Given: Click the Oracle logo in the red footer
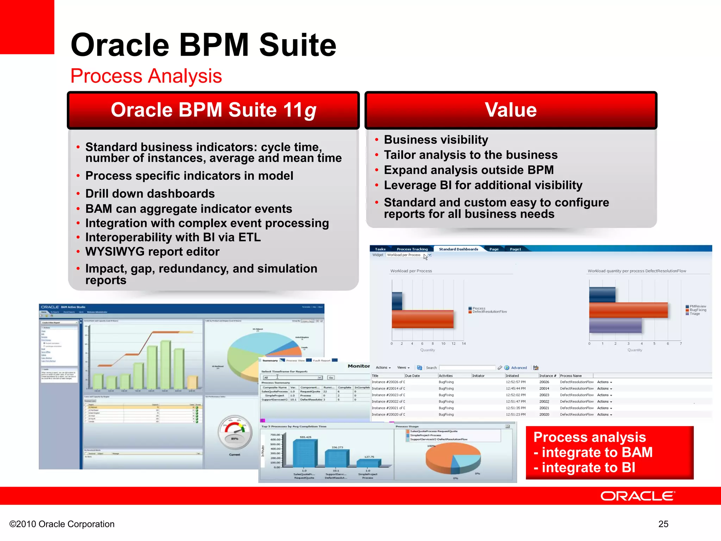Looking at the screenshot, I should tap(637, 496).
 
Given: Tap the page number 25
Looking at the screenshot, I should tap(663, 524).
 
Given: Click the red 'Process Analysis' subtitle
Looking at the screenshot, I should tap(146, 76).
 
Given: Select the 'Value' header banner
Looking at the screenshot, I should tap(511, 110).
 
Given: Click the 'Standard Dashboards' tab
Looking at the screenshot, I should tap(458, 249).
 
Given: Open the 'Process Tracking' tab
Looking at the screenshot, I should tap(412, 249).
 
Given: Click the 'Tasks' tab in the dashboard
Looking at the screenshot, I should tap(380, 249).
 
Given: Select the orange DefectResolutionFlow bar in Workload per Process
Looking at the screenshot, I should tap(422, 319).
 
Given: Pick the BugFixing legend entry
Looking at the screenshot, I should tap(697, 310).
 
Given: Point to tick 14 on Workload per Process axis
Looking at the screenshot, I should tap(464, 343).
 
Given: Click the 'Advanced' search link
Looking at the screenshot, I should tap(519, 368).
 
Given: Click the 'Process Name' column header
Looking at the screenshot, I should tap(571, 376).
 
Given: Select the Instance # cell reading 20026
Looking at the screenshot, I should tap(544, 382).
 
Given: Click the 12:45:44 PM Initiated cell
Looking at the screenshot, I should tap(515, 388).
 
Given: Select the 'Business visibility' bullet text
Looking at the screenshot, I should tap(436, 140).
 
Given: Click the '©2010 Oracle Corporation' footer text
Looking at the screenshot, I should tap(62, 524).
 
